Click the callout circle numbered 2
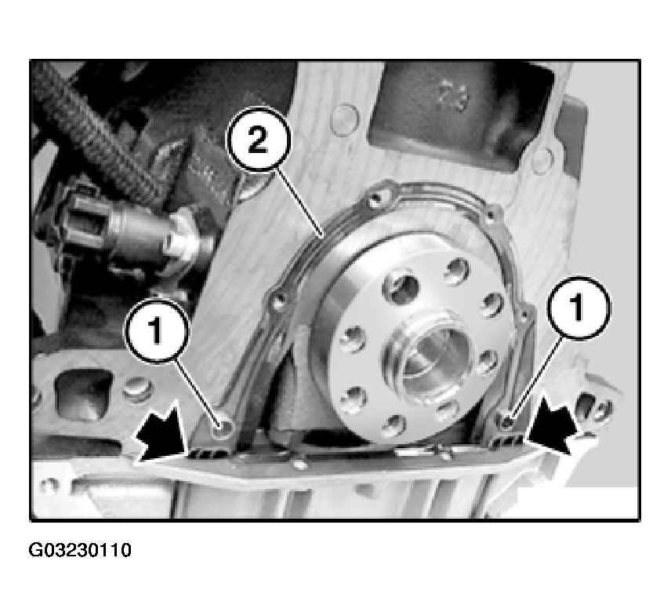(x=258, y=139)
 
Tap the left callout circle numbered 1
(x=156, y=331)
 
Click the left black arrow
(x=161, y=434)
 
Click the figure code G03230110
(x=80, y=550)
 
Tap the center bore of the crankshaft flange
(x=429, y=358)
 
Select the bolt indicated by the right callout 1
(x=507, y=422)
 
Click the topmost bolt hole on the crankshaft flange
(x=457, y=271)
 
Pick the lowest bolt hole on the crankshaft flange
(x=393, y=426)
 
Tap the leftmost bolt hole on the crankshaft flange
(x=353, y=340)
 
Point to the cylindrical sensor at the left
(x=129, y=231)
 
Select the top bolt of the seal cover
(x=377, y=197)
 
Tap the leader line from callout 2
(x=299, y=202)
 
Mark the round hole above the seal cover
(x=345, y=120)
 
